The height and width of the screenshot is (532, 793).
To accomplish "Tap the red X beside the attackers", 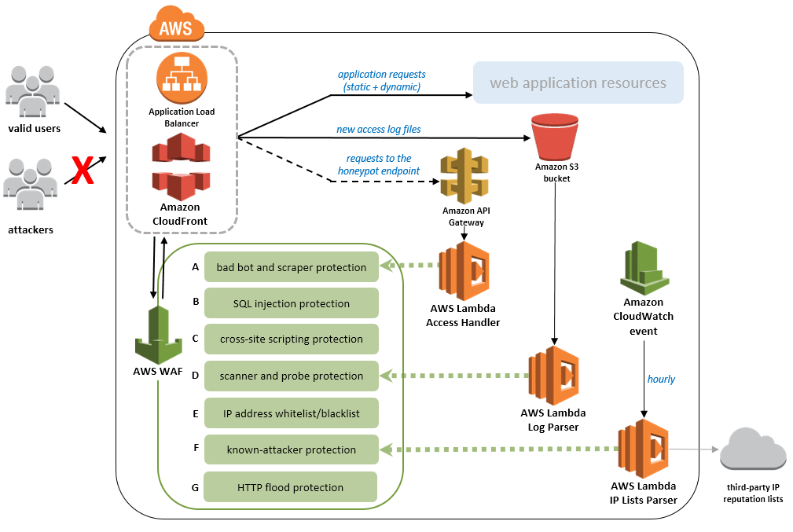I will point(83,170).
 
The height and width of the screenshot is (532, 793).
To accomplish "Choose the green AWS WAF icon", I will point(160,334).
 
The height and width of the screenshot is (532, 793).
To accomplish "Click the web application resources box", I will point(578,83).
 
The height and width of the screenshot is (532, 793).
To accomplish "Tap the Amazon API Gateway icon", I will point(467,177).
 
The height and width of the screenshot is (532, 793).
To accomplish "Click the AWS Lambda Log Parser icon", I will point(553,375).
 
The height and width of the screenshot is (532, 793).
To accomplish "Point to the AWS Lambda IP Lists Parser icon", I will point(643,449).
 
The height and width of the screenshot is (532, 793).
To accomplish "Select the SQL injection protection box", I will point(291,303).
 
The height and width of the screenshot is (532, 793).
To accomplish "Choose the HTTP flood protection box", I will point(290,487).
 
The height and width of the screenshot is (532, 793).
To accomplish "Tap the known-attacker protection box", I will point(291,450).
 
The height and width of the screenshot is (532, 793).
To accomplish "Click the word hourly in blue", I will point(661,379).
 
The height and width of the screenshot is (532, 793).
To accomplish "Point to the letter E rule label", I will point(195,413).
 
